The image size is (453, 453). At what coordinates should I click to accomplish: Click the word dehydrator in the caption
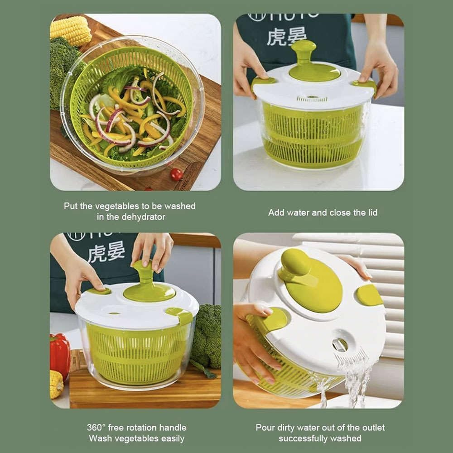tap(143, 217)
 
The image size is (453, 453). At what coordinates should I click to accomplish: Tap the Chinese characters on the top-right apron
tap(286, 36)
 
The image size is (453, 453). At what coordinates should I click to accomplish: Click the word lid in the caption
tap(372, 212)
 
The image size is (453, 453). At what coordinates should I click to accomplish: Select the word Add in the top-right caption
tap(276, 212)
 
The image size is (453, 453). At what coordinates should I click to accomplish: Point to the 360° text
tap(96, 428)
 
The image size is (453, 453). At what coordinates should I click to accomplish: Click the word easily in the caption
tap(170, 439)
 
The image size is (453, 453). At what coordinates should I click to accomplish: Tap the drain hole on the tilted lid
tap(340, 345)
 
